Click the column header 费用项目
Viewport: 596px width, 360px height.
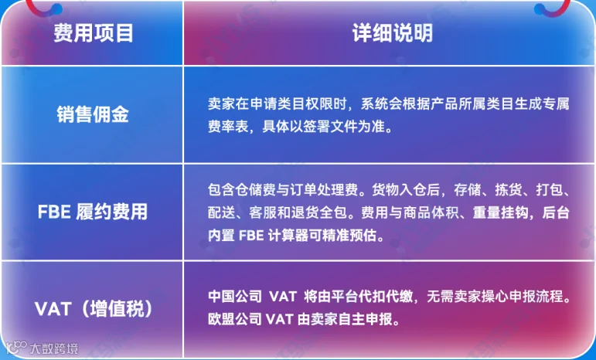tap(93, 33)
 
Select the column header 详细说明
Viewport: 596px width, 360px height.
tap(392, 33)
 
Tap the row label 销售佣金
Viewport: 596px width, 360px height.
tap(93, 114)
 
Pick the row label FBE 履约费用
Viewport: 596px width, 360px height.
tap(93, 212)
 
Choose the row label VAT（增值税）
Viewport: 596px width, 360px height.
tap(94, 309)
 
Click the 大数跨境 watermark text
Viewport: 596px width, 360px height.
tap(53, 348)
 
